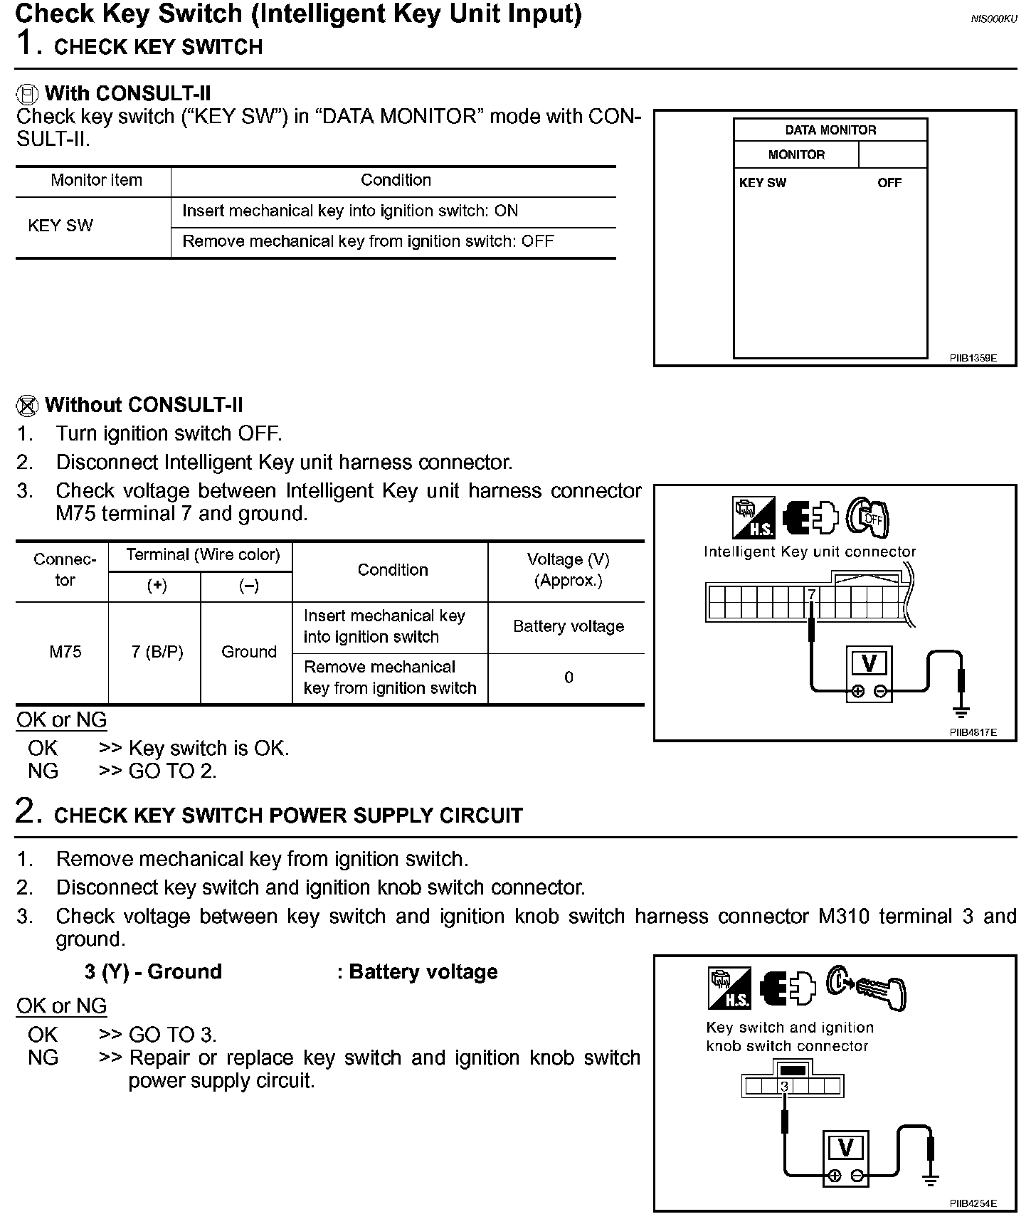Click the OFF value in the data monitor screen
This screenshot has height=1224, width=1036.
[x=889, y=183]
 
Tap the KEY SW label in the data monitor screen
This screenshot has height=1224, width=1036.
[x=762, y=183]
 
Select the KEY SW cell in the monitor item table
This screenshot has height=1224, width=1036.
[x=60, y=226]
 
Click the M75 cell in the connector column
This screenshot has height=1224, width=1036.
[x=65, y=652]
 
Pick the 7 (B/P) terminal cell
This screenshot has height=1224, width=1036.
[x=157, y=652]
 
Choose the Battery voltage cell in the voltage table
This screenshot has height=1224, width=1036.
[x=568, y=626]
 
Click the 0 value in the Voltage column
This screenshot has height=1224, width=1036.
[x=568, y=677]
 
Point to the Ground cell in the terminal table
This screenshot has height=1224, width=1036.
[x=248, y=652]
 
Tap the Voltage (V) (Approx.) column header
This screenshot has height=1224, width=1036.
[x=568, y=570]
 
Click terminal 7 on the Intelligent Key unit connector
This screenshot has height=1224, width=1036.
[x=811, y=594]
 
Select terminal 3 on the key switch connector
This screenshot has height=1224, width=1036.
[x=784, y=1087]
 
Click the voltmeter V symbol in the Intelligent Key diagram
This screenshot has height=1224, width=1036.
[x=869, y=663]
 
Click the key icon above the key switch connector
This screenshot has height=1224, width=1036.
[x=867, y=988]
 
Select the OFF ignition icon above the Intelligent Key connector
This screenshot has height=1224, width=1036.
[x=868, y=517]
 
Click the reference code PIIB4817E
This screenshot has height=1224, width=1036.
[x=973, y=732]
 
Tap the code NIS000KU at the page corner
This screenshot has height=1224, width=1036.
[x=993, y=19]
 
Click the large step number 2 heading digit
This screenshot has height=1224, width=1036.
[x=25, y=812]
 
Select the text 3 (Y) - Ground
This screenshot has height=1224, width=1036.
[x=153, y=972]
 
